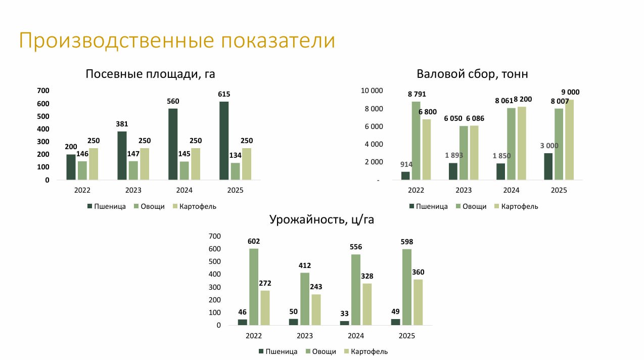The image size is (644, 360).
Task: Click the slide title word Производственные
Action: pyautogui.click(x=116, y=40)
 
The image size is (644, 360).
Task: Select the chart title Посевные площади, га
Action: pyautogui.click(x=150, y=74)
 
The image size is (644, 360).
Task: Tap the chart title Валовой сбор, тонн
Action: pyautogui.click(x=472, y=74)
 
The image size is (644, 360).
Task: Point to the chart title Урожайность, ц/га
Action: pyautogui.click(x=321, y=219)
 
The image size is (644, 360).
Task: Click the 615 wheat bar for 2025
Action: pyautogui.click(x=224, y=141)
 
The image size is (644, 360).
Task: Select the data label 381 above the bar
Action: pyautogui.click(x=122, y=124)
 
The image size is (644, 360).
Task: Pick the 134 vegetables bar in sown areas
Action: pyautogui.click(x=235, y=171)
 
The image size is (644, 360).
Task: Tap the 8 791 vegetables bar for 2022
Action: pyautogui.click(x=416, y=141)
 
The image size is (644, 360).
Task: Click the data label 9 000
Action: pyautogui.click(x=570, y=93)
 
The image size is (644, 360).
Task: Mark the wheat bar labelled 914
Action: pyautogui.click(x=405, y=176)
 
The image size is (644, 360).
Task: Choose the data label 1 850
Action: pyautogui.click(x=501, y=156)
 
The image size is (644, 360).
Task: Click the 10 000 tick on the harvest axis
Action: pyautogui.click(x=372, y=91)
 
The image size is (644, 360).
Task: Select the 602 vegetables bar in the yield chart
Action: pyautogui.click(x=254, y=287)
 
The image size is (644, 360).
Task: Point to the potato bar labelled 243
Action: pyautogui.click(x=316, y=310)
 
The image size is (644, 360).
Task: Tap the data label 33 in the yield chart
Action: pyautogui.click(x=344, y=313)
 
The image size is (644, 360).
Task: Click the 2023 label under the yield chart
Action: pyautogui.click(x=304, y=336)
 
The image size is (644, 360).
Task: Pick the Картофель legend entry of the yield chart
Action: pyautogui.click(x=366, y=351)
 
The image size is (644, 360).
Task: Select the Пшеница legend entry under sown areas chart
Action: pyautogui.click(x=107, y=206)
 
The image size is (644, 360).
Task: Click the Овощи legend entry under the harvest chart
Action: pyautogui.click(x=471, y=206)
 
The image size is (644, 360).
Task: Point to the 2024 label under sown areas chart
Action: pyautogui.click(x=184, y=190)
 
